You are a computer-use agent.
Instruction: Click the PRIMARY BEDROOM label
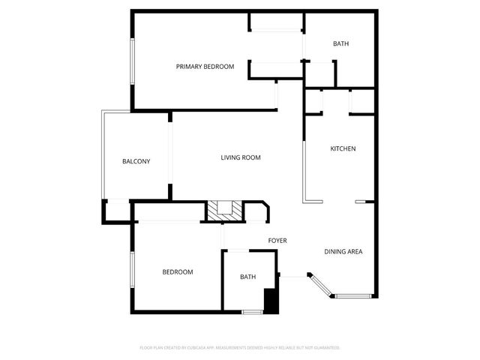tap(205, 67)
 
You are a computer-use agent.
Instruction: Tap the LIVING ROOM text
tap(240, 157)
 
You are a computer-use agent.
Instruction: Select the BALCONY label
tap(136, 161)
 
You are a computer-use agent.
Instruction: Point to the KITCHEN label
tap(343, 148)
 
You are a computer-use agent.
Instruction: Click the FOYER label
tap(277, 241)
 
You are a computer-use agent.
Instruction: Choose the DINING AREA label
tap(343, 251)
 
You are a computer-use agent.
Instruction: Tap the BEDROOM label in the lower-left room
tap(178, 272)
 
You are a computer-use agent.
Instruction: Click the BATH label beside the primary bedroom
tap(340, 43)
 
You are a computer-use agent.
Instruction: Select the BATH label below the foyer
tap(247, 277)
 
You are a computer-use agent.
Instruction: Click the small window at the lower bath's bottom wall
tap(252, 312)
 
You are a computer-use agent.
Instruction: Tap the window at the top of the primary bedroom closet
tap(277, 29)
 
